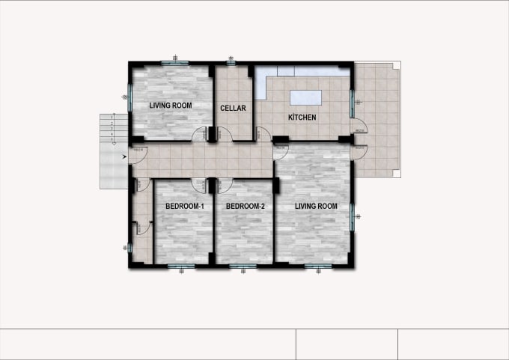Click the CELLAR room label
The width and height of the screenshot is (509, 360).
pos(233,109)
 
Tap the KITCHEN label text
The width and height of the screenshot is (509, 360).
pos(302,118)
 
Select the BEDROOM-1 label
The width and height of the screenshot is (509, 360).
pos(184,206)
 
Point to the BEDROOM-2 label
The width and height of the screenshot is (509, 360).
pos(246,206)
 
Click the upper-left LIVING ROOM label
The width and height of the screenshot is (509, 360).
pos(170,106)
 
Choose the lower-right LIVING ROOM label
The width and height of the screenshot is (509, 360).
pos(315,206)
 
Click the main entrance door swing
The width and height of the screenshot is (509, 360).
pos(137,154)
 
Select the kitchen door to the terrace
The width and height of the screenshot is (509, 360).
pos(359,128)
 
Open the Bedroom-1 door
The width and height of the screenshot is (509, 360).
pos(198,184)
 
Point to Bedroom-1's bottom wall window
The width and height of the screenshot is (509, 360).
pos(183,265)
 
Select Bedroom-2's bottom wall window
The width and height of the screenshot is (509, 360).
pos(243,265)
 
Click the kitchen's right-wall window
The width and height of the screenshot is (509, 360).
pos(353,102)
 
